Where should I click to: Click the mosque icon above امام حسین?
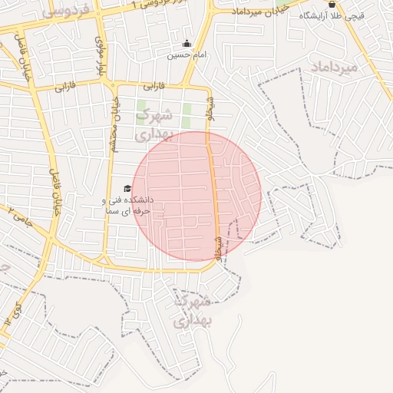(187, 44)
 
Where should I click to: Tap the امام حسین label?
(187, 55)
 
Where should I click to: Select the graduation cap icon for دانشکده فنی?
(127, 189)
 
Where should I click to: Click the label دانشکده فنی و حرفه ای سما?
(127, 204)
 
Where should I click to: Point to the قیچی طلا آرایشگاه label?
(342, 15)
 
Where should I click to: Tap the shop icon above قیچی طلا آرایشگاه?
(332, 4)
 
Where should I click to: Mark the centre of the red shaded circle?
(196, 196)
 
